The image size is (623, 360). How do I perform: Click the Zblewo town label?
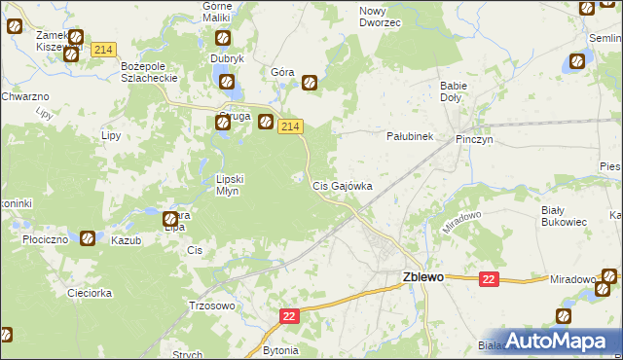click(x=423, y=276)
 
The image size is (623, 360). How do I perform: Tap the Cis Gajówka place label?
click(x=341, y=185)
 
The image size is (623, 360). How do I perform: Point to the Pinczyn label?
click(x=476, y=140)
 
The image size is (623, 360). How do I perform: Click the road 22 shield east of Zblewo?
click(x=489, y=279)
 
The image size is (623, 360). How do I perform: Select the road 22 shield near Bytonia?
click(x=290, y=316)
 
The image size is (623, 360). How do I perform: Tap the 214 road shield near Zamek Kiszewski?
click(x=104, y=49)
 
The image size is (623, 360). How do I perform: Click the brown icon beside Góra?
click(x=310, y=84)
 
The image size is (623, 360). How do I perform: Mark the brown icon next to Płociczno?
click(x=88, y=236)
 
